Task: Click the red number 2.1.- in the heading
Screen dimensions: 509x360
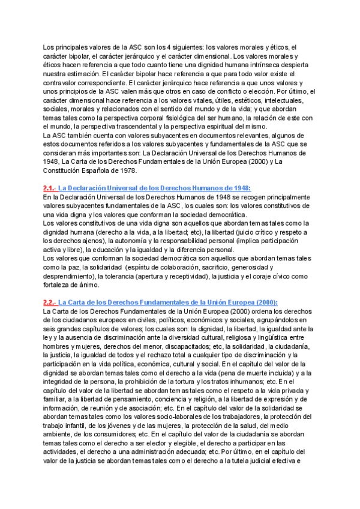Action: [x=50, y=188]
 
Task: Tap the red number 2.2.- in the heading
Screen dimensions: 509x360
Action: [x=50, y=303]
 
